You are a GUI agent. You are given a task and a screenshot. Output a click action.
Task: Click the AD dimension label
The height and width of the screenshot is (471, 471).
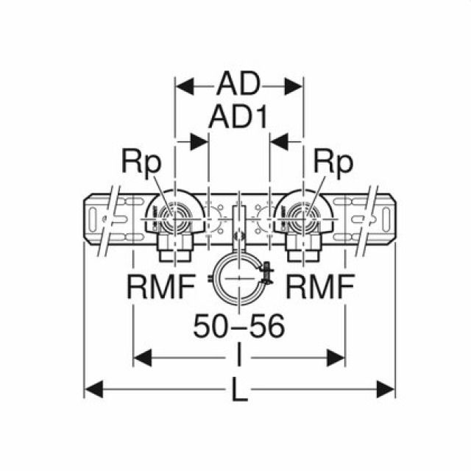238,85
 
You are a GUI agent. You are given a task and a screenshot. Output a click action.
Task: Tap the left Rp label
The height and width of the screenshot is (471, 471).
143,161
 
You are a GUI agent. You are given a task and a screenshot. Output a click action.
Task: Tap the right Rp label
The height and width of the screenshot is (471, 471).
333,161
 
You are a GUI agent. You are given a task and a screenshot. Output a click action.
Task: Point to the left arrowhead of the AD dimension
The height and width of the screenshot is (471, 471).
182,86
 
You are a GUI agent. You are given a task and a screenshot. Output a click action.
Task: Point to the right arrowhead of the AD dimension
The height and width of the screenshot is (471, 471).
296,86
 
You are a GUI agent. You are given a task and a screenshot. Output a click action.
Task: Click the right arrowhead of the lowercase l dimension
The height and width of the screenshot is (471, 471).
339,359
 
